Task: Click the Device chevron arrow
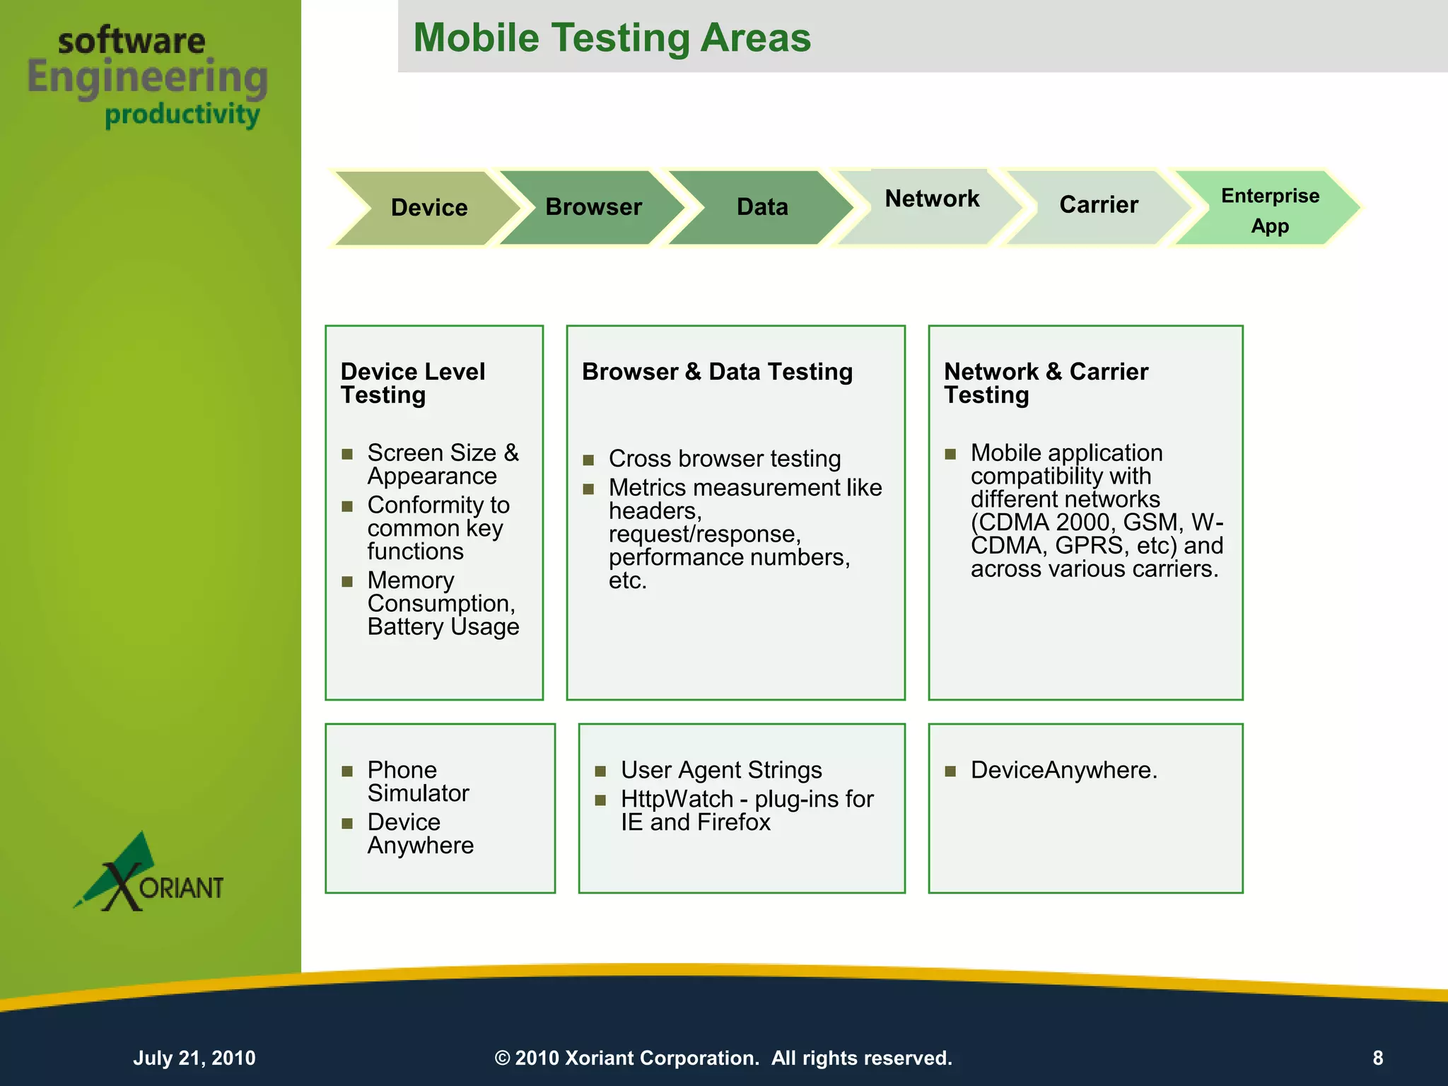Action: point(428,208)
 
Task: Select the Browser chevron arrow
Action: point(593,207)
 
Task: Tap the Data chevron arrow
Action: point(762,207)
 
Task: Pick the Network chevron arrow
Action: point(932,200)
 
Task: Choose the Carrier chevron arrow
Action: point(1099,205)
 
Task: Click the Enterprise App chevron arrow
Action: point(1270,210)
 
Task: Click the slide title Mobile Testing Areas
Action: point(612,37)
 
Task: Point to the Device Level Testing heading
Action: point(412,383)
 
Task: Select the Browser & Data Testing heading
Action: point(717,372)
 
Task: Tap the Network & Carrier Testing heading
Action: point(1046,383)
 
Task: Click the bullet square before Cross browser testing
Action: point(588,460)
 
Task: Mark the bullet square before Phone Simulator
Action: point(347,771)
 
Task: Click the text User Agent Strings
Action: point(721,770)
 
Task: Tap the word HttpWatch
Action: point(677,799)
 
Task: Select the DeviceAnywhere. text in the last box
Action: point(1063,770)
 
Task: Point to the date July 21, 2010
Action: point(194,1058)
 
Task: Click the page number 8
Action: point(1377,1058)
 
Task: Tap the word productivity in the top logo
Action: point(182,115)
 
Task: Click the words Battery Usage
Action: point(443,627)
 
